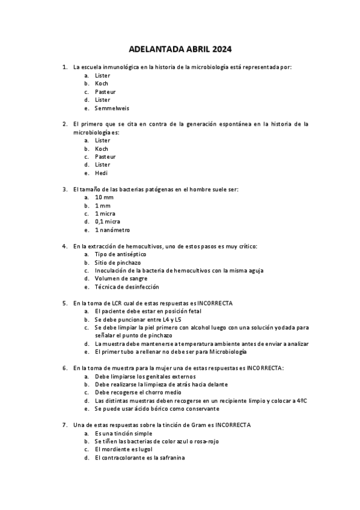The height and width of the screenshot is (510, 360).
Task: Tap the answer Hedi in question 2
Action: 101,173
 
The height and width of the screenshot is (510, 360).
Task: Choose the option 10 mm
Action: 104,197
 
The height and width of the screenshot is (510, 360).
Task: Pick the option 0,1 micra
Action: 108,222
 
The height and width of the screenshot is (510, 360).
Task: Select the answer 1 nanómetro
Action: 112,230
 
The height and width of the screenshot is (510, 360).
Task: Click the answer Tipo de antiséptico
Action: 120,254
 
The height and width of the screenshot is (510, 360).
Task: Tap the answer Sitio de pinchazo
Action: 117,263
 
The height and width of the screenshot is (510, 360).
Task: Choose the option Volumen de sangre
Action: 121,279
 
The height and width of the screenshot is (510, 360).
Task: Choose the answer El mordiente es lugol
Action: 124,450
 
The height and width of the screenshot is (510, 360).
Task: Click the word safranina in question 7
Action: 171,458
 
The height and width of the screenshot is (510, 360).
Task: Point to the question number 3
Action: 65,189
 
